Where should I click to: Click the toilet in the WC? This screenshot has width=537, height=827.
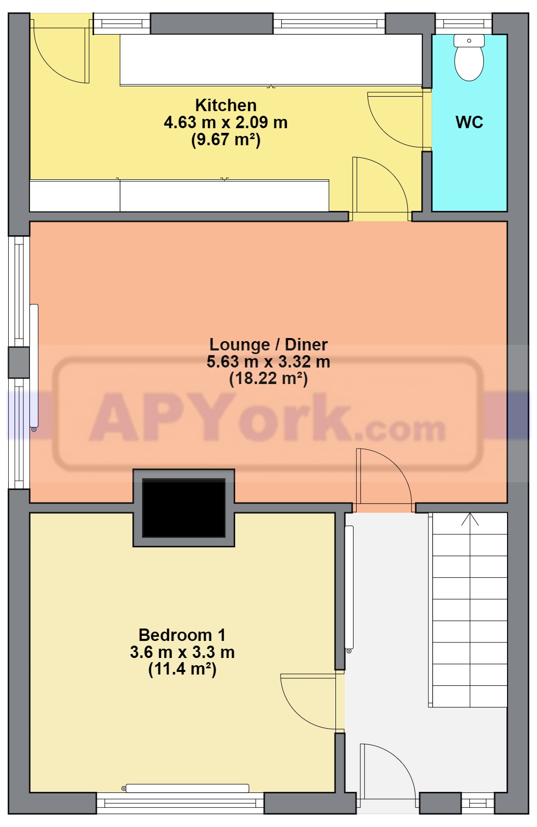pos(469,57)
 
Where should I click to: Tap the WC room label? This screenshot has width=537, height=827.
pos(469,122)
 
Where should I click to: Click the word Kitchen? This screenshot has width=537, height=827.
pos(226,105)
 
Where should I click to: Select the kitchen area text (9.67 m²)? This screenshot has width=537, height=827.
pos(226,140)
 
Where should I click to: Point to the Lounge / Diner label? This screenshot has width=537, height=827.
pos(268,344)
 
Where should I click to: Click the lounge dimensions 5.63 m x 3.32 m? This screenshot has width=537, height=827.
pos(268,361)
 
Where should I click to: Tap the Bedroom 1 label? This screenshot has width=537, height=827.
pos(182,635)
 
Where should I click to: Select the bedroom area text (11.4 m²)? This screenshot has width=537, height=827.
pos(182,669)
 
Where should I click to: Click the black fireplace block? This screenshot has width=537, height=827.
pos(184,508)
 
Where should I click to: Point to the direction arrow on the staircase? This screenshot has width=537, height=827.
pos(470,519)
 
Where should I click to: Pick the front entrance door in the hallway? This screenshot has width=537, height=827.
pos(388,775)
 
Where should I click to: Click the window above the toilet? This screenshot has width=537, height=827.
pos(464,24)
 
